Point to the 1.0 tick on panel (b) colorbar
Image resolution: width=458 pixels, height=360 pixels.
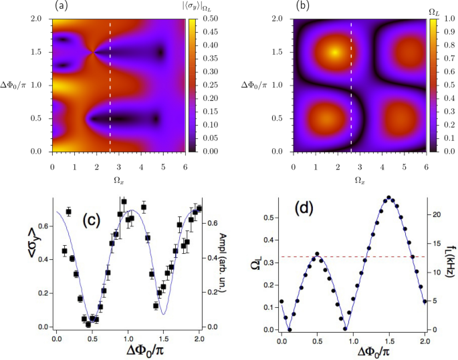[x=435, y=19]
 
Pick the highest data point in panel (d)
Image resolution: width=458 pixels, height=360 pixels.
[x=388, y=197]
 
